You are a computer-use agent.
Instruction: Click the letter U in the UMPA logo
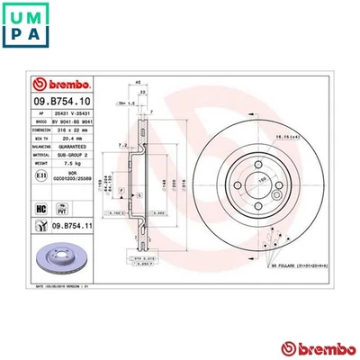[17, 16]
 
